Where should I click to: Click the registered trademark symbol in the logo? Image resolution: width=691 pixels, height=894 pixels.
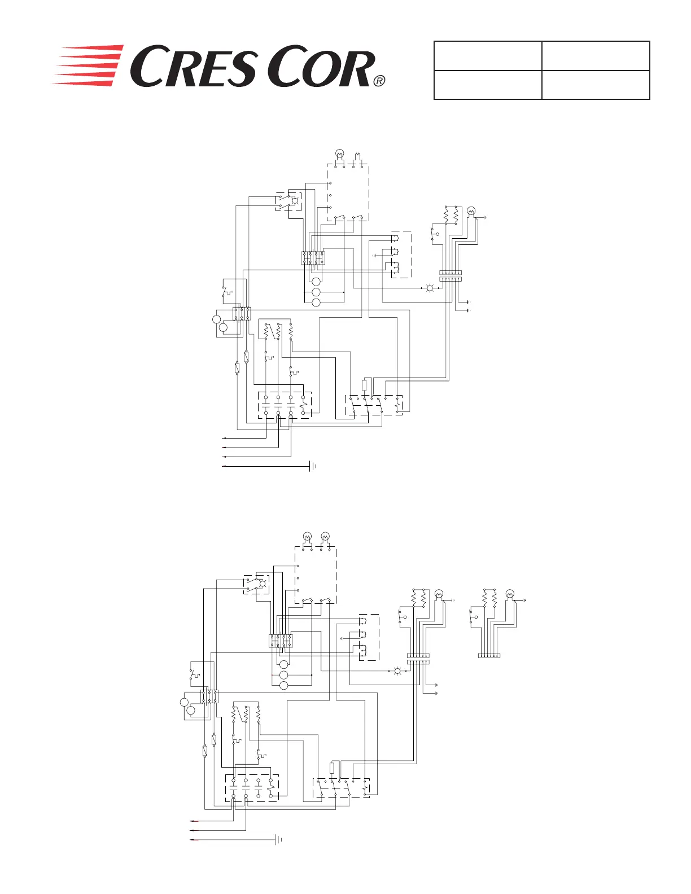pyautogui.click(x=379, y=81)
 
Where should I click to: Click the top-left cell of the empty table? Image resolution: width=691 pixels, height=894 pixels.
pyautogui.click(x=488, y=55)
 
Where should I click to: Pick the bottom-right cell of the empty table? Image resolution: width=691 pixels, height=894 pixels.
pyautogui.click(x=596, y=85)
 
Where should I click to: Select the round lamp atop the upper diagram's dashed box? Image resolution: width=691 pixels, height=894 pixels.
pyautogui.click(x=340, y=154)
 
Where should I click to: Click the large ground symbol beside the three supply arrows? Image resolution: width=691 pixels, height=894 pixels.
pyautogui.click(x=278, y=840)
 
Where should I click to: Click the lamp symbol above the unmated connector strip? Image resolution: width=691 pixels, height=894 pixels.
pyautogui.click(x=510, y=594)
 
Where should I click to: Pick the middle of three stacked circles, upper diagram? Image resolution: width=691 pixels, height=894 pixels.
pyautogui.click(x=316, y=292)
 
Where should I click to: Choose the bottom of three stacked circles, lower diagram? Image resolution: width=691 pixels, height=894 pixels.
pyautogui.click(x=284, y=685)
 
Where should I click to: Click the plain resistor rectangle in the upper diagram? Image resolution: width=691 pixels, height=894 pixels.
pyautogui.click(x=364, y=385)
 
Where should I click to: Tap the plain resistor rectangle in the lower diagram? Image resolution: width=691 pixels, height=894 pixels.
pyautogui.click(x=332, y=768)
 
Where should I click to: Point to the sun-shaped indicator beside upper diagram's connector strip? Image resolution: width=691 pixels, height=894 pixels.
pyautogui.click(x=430, y=288)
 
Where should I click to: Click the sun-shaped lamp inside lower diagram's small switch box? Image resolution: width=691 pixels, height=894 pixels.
pyautogui.click(x=261, y=584)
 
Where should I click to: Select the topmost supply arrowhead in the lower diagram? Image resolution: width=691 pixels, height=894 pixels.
pyautogui.click(x=193, y=821)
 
